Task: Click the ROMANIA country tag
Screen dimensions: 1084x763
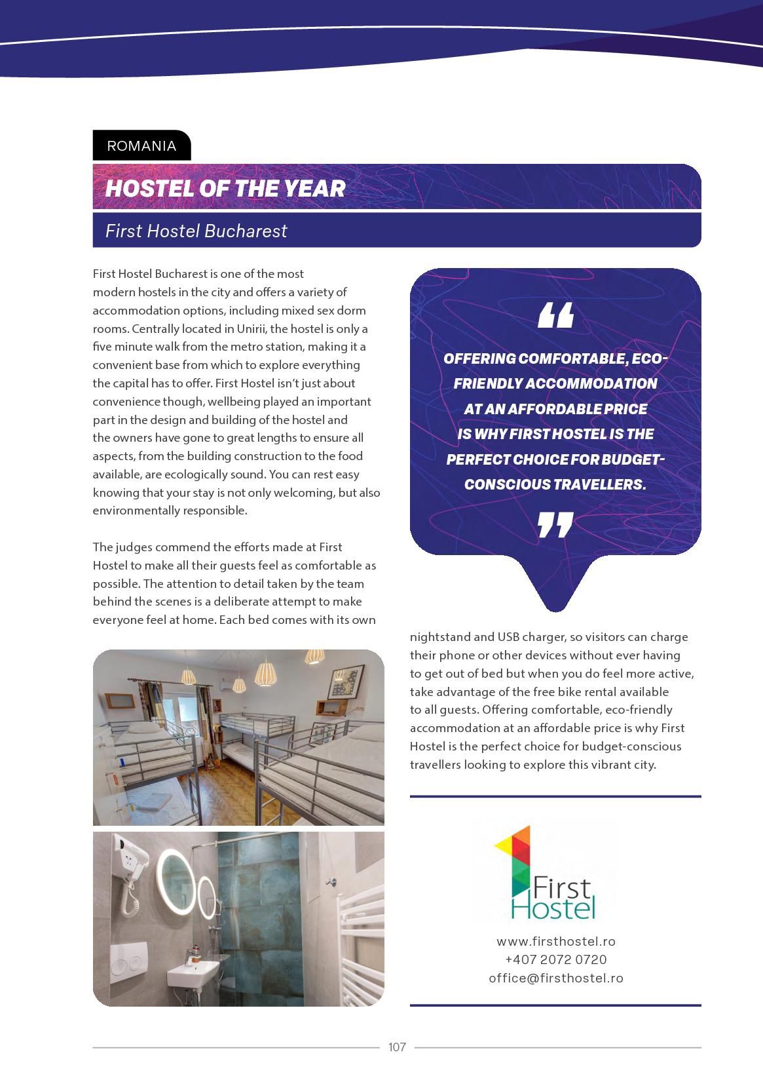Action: point(141,146)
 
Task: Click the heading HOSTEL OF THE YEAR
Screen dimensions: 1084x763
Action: point(225,189)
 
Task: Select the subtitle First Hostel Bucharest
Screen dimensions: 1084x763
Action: point(196,231)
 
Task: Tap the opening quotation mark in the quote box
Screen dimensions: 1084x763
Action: point(555,315)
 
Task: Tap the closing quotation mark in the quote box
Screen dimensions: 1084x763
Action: point(555,525)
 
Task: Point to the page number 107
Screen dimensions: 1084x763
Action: point(397,1047)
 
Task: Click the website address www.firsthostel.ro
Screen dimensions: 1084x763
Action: point(555,941)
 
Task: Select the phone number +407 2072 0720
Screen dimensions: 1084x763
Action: point(555,959)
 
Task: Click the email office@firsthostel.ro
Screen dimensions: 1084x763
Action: point(555,978)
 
